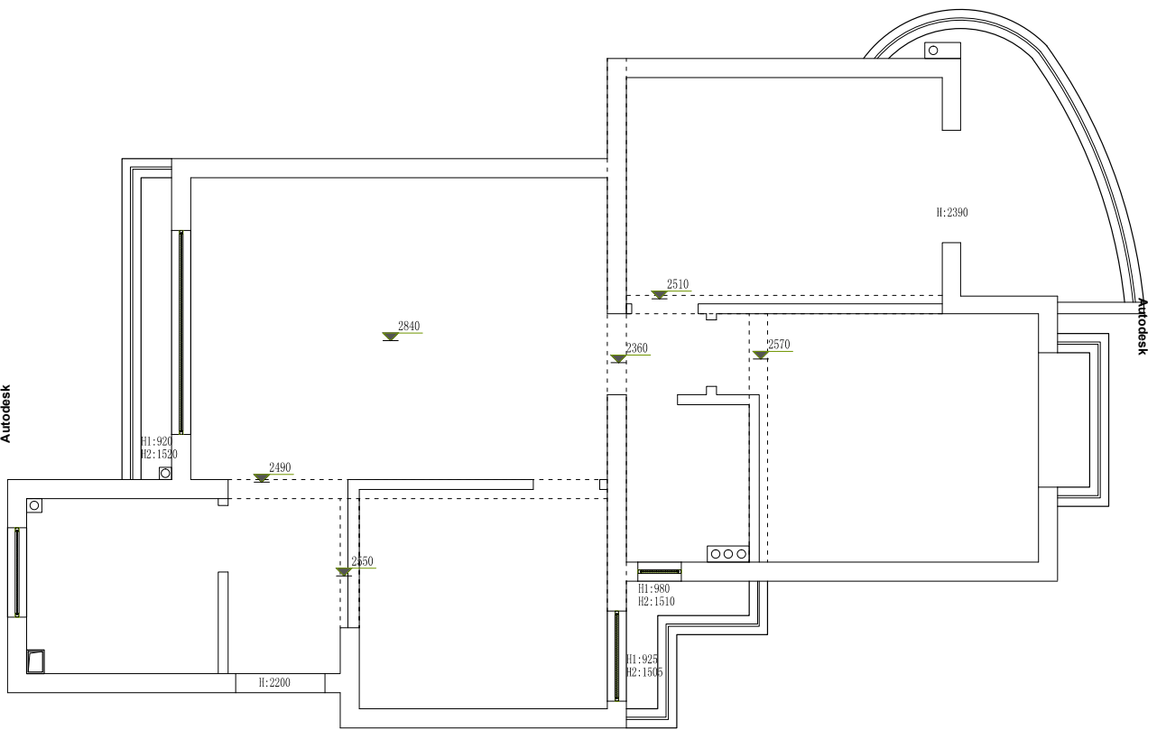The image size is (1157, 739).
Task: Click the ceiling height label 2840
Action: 409,326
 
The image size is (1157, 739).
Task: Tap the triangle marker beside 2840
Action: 390,337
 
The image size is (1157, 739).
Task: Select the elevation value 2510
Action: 678,285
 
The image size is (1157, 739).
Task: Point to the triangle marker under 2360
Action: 618,359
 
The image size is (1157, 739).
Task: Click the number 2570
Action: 779,345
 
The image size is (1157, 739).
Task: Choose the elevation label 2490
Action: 280,467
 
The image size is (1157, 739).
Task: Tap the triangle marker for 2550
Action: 343,572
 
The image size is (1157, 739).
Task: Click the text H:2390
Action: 952,213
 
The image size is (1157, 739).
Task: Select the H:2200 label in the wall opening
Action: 274,683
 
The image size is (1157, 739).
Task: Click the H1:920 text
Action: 156,442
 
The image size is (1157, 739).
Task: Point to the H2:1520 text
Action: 159,455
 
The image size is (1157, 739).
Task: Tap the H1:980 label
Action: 653,588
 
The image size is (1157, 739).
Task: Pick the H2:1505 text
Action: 645,672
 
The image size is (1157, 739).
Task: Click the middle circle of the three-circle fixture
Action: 727,553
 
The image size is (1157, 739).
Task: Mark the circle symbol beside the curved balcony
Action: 933,51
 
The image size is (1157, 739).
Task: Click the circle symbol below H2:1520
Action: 165,472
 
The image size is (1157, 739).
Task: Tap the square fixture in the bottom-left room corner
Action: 36,661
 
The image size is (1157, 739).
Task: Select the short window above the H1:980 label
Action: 659,570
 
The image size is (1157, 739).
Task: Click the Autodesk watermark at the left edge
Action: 6,414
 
